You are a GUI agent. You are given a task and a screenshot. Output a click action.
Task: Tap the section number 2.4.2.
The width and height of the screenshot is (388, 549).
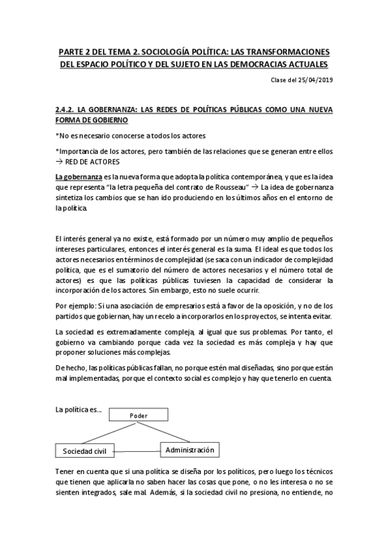click(x=67, y=110)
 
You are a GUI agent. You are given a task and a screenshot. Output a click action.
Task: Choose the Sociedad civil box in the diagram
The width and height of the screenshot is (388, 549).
click(x=85, y=450)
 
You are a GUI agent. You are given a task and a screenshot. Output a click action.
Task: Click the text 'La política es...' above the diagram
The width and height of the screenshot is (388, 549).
click(x=78, y=410)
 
